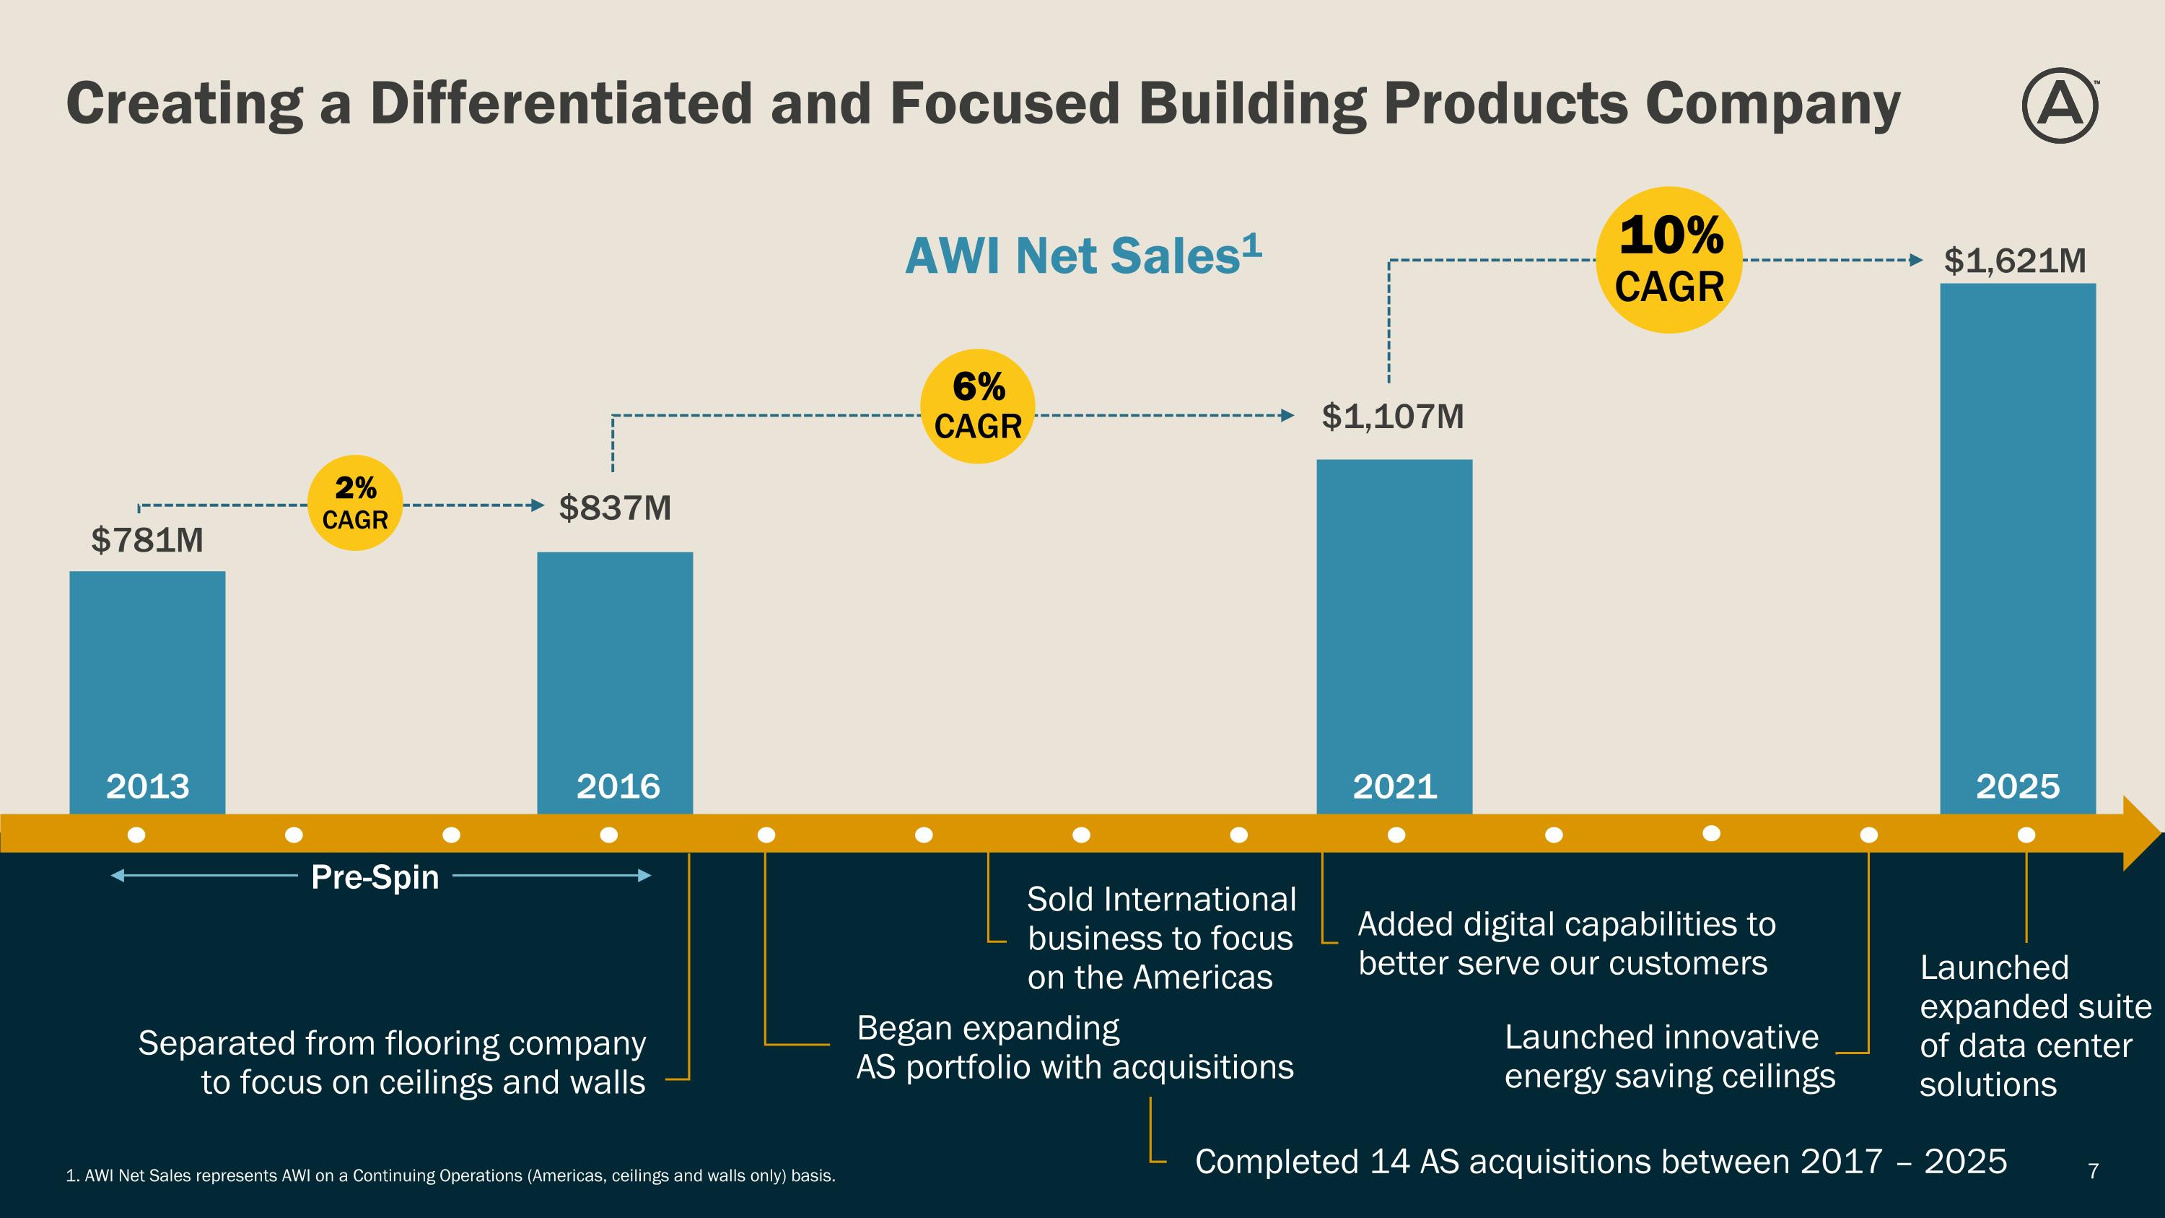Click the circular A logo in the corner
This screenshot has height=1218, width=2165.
coord(2059,105)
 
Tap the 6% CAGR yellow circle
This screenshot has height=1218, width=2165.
coord(977,406)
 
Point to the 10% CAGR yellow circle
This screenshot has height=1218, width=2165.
coord(1669,260)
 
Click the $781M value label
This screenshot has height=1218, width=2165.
coord(147,539)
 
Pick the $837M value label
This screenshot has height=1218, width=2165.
coord(615,508)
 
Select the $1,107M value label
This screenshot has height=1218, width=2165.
coord(1393,416)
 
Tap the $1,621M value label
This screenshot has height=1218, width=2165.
coord(2015,261)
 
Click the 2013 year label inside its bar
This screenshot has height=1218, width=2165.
coord(147,787)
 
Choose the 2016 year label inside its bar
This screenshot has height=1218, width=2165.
coord(618,787)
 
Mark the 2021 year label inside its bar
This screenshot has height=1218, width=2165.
coord(1394,787)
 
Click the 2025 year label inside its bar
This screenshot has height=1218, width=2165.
coord(2017,787)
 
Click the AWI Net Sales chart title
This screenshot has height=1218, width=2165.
coord(1082,256)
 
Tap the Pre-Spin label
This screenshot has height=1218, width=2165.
coord(375,876)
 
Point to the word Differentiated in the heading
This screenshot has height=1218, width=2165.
coord(561,103)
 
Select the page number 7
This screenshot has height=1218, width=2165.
coord(2093,1170)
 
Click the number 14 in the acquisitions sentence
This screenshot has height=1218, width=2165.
coord(1388,1162)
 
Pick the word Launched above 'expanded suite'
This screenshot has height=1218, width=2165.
coord(1993,967)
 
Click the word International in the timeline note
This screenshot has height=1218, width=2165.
coord(1199,900)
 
